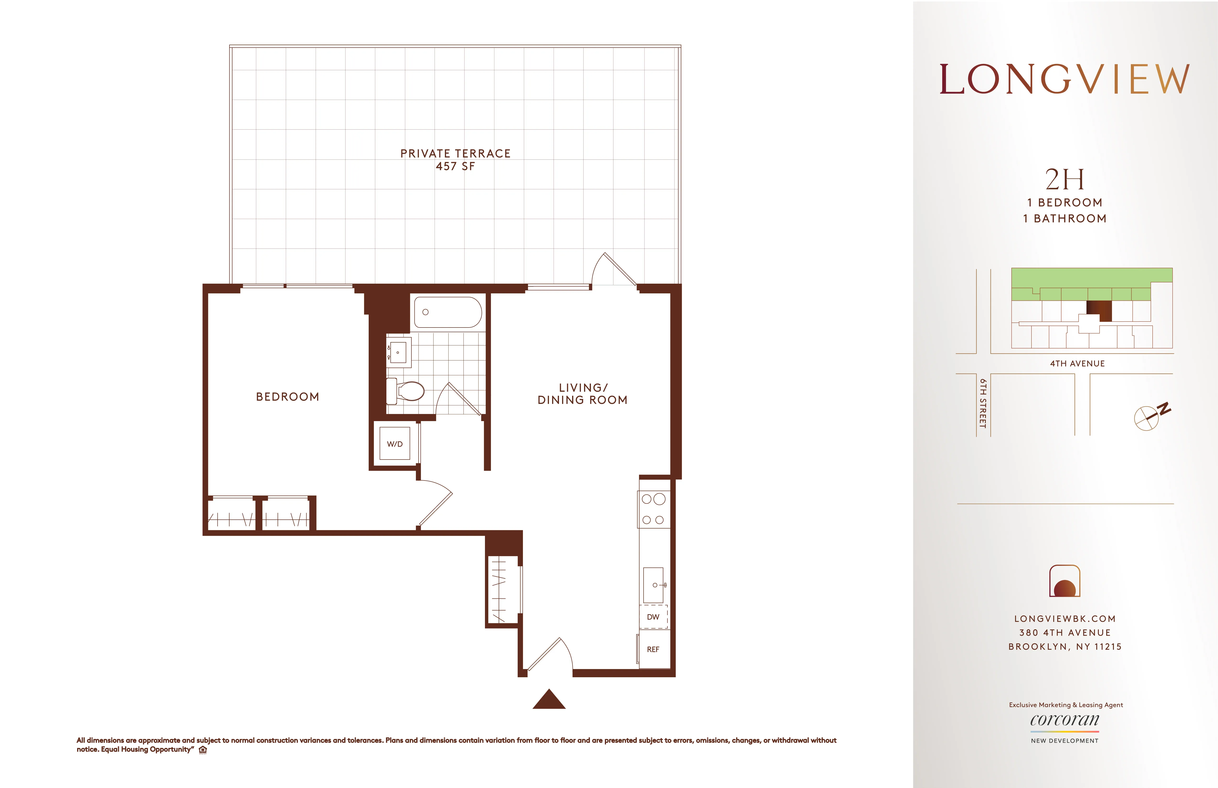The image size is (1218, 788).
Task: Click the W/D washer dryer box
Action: click(x=394, y=444)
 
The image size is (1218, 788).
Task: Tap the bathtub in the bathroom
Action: click(x=448, y=312)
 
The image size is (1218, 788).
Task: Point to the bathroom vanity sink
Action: click(x=398, y=352)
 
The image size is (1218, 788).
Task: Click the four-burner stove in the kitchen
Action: click(x=654, y=509)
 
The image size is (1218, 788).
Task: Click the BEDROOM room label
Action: click(x=288, y=397)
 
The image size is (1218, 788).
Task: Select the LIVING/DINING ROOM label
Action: click(x=582, y=394)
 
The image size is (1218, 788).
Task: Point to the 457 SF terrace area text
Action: click(x=455, y=166)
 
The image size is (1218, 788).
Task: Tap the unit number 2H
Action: click(x=1064, y=179)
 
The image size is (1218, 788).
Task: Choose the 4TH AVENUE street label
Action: click(x=1077, y=363)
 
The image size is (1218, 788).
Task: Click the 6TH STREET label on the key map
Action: click(x=983, y=403)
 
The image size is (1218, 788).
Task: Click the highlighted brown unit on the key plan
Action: click(x=1099, y=311)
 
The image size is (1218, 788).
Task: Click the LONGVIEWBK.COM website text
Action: click(x=1064, y=619)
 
